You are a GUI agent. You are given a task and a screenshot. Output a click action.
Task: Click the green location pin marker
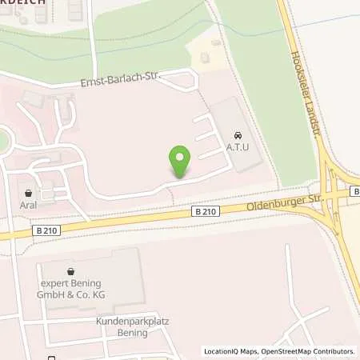tap(181, 162)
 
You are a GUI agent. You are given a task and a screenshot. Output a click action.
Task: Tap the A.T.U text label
tap(238, 147)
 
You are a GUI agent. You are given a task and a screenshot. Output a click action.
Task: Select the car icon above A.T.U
tap(237, 134)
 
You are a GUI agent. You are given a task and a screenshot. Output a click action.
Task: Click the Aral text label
tap(29, 206)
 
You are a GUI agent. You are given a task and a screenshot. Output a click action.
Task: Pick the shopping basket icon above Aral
tap(29, 193)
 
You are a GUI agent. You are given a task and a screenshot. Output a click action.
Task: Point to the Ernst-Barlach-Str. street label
tap(121, 81)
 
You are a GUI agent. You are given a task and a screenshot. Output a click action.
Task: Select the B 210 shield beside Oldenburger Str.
tap(205, 211)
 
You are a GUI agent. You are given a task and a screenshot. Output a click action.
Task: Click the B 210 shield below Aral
tap(46, 230)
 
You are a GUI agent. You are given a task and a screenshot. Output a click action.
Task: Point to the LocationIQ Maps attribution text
tap(230, 351)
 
